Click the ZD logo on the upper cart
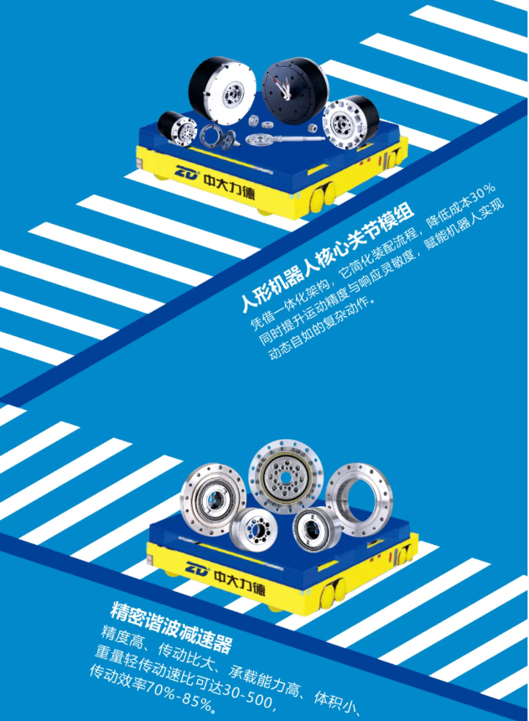(x=186, y=174)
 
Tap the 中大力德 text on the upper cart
(x=229, y=185)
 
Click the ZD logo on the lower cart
(x=197, y=568)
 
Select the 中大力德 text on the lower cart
(x=240, y=582)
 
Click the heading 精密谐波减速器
(x=171, y=626)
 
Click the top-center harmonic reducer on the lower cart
(x=286, y=476)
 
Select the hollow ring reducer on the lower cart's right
(x=359, y=500)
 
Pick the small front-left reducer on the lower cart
(x=253, y=529)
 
